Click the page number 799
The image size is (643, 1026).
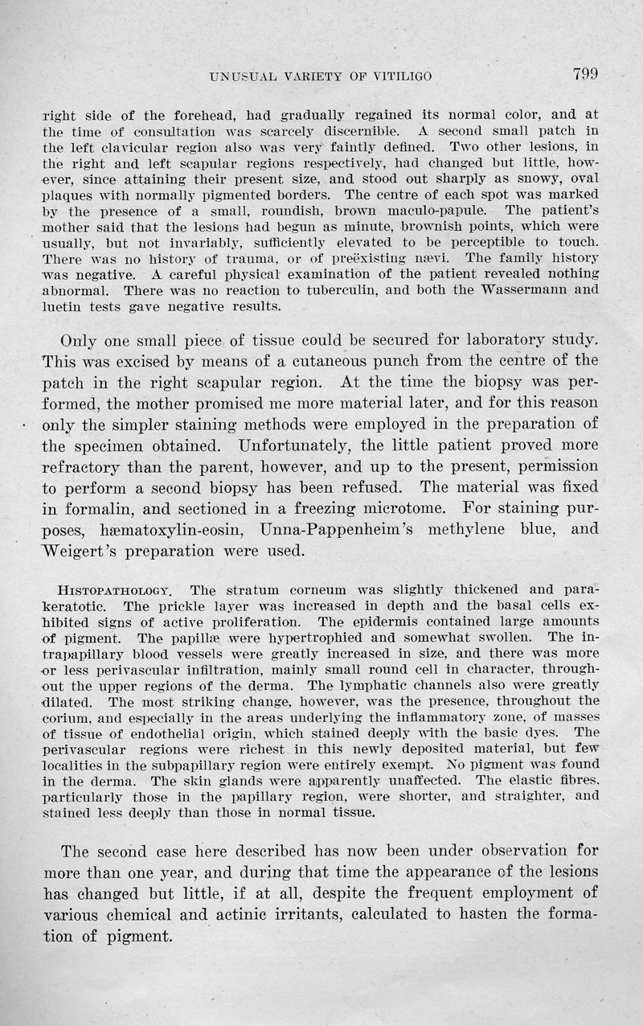(586, 75)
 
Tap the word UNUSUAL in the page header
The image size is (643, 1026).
(238, 77)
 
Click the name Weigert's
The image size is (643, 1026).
(79, 552)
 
